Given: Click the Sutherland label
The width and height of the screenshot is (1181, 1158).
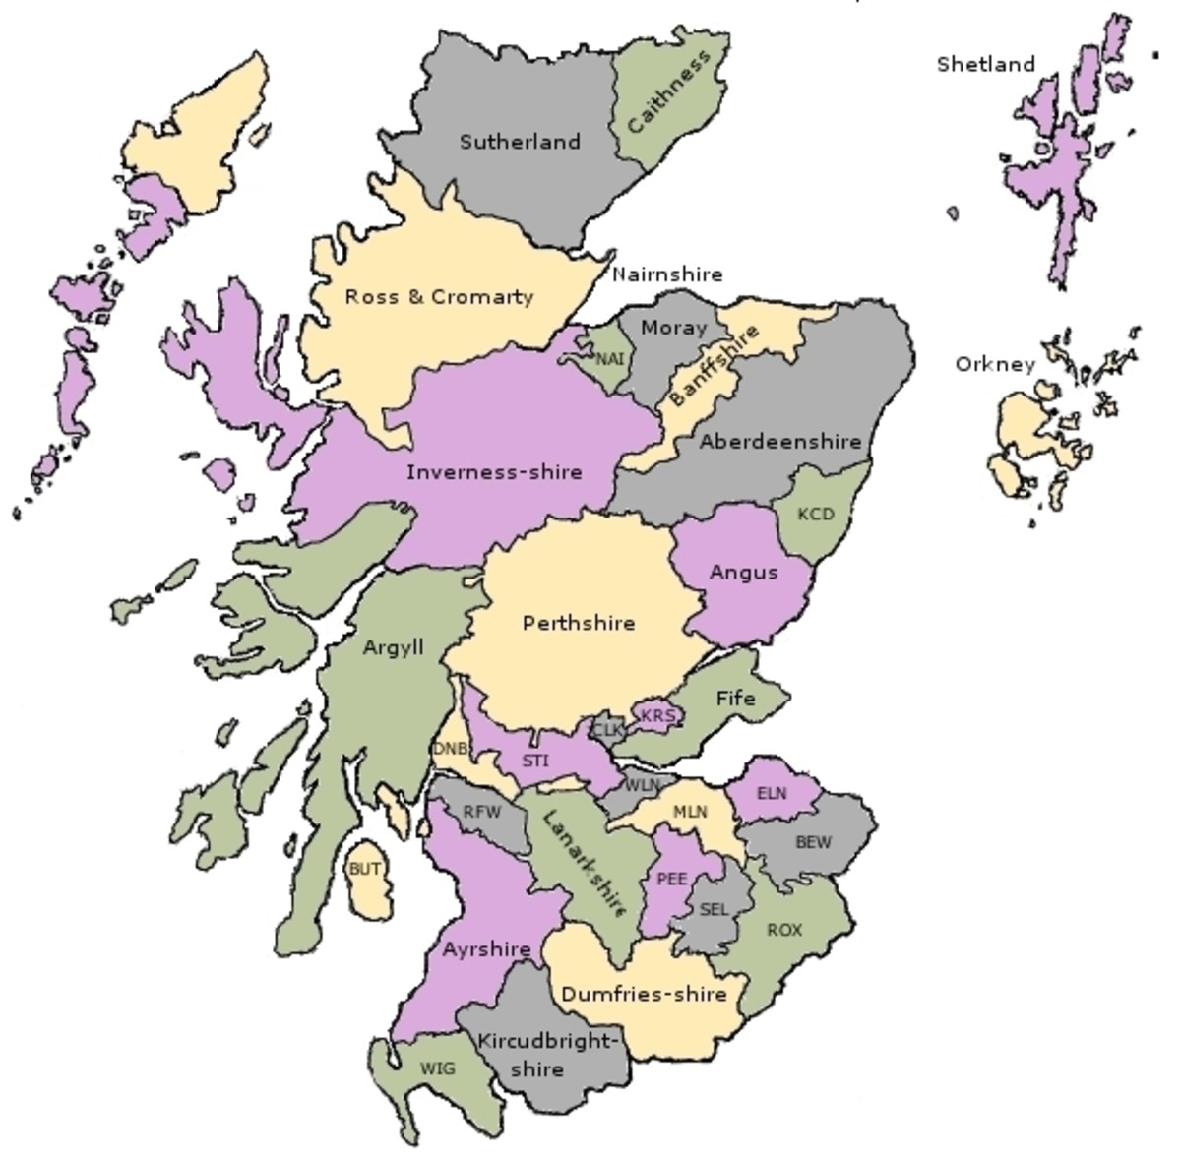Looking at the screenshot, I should pyautogui.click(x=520, y=142).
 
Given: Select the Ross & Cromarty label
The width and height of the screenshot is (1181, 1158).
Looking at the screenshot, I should pyautogui.click(x=439, y=296).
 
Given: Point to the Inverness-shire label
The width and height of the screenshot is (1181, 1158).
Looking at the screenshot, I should pyautogui.click(x=494, y=472).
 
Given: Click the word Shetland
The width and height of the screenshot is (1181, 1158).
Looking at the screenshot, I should pyautogui.click(x=986, y=65).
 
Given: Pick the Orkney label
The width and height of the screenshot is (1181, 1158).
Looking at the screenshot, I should pyautogui.click(x=995, y=365).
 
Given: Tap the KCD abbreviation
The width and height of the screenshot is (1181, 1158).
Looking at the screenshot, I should pyautogui.click(x=815, y=514).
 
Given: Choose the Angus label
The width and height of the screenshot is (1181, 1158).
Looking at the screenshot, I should pyautogui.click(x=743, y=573).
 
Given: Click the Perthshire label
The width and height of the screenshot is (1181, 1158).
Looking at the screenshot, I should pyautogui.click(x=579, y=623).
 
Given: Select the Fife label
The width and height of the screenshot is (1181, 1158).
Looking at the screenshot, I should pyautogui.click(x=735, y=698).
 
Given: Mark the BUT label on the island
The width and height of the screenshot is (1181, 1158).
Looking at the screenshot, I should pyautogui.click(x=365, y=870).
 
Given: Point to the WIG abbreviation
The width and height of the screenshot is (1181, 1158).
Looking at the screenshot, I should pyautogui.click(x=438, y=1068).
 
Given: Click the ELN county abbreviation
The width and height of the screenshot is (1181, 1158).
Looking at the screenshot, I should pyautogui.click(x=773, y=792).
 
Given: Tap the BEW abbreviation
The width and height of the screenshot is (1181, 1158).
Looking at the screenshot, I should pyautogui.click(x=813, y=842).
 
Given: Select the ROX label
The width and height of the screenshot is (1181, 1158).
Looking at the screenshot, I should pyautogui.click(x=784, y=930).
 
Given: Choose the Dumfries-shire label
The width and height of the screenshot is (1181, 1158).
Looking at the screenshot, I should pyautogui.click(x=644, y=994).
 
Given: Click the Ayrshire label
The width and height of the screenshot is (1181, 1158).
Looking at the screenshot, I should pyautogui.click(x=486, y=950).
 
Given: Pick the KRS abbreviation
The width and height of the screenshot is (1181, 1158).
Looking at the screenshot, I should pyautogui.click(x=657, y=715).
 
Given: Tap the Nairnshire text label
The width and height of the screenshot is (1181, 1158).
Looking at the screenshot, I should pyautogui.click(x=667, y=274).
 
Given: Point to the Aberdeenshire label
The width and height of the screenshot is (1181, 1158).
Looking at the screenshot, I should pyautogui.click(x=780, y=443).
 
